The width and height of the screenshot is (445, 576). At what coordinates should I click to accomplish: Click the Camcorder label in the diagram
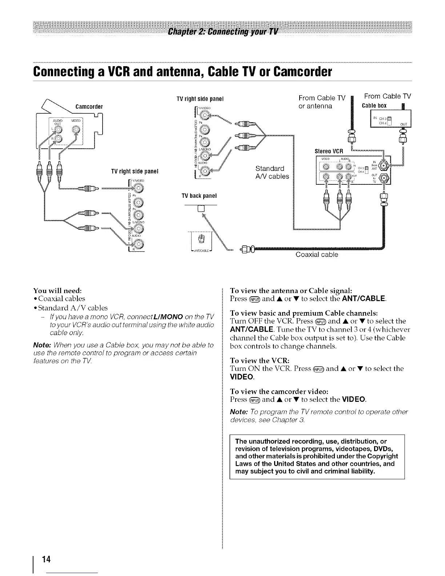pos(89,107)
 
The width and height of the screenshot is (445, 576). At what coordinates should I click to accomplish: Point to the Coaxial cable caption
pos(317,255)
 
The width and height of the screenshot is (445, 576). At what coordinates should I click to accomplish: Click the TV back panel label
pos(199,196)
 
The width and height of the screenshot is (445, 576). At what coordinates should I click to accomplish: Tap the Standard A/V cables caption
pos(272,173)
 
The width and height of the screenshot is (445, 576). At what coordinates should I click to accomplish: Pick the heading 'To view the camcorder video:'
pos(280,391)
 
